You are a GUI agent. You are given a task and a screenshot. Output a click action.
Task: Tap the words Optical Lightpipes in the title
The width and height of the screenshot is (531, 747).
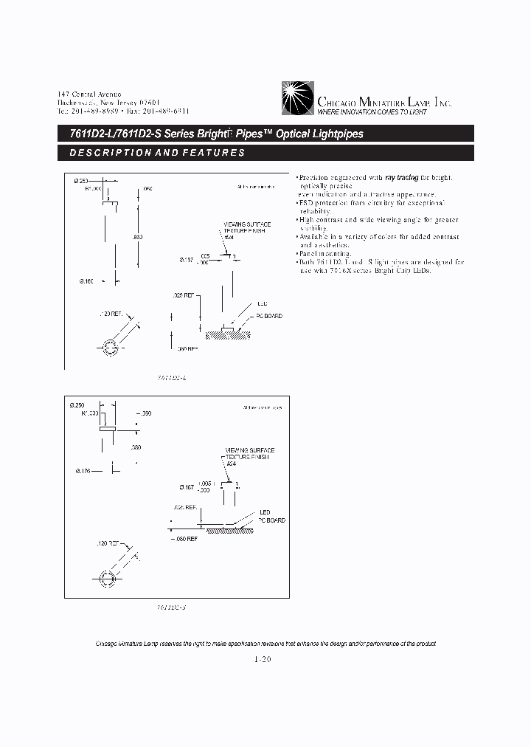pos(319,134)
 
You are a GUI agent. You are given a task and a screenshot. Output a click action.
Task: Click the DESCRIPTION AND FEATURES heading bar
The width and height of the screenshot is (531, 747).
pos(265,153)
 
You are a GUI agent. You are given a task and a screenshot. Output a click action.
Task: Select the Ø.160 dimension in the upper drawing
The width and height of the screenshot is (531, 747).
pos(84,280)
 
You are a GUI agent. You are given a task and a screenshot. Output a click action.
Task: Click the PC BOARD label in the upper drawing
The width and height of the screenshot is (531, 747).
pos(269,316)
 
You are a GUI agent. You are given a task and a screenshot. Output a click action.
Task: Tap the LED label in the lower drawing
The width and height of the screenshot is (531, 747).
pos(264,512)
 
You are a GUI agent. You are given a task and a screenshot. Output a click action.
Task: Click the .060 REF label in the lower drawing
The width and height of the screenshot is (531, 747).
pos(190,538)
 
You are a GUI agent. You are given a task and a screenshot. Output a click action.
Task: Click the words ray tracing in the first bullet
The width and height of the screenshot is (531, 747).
pos(403,178)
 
